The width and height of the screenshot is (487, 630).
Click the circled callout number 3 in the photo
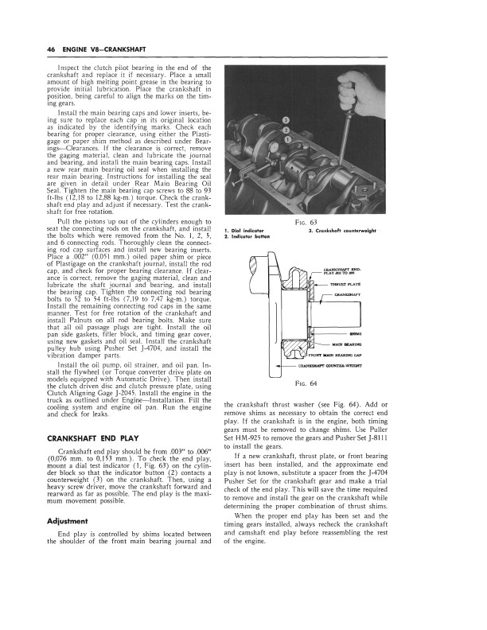point(285,120)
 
